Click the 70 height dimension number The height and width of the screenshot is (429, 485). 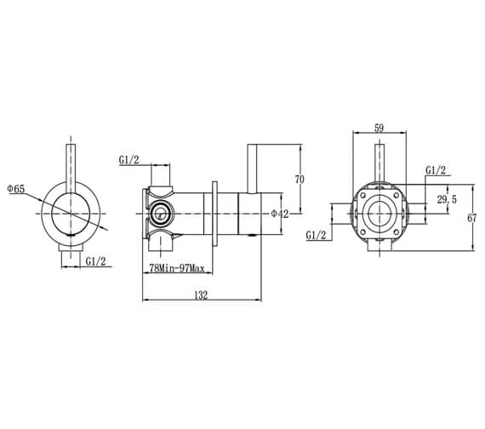pyautogui.click(x=299, y=180)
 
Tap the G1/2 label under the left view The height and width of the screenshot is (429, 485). pyautogui.click(x=95, y=262)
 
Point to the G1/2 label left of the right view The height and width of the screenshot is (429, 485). pyautogui.click(x=317, y=235)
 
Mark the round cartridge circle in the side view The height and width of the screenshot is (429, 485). pyautogui.click(x=161, y=214)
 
